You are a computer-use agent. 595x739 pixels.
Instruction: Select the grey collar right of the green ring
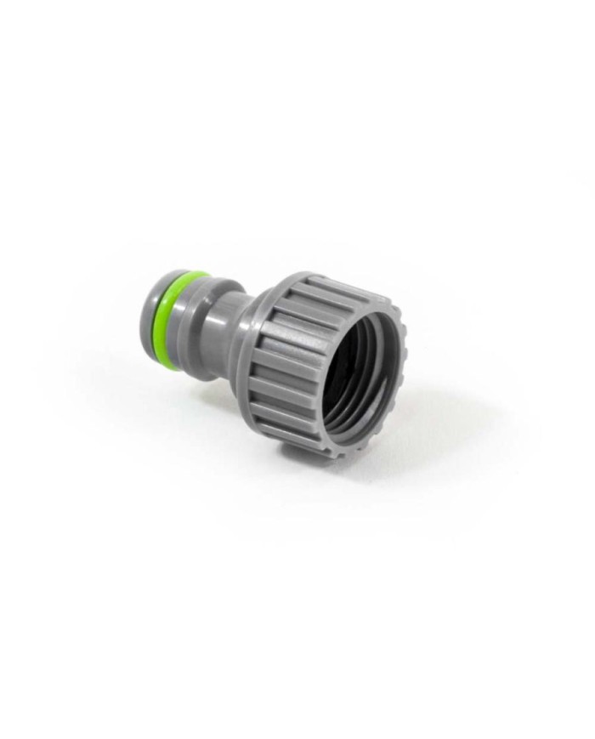point(204,310)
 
